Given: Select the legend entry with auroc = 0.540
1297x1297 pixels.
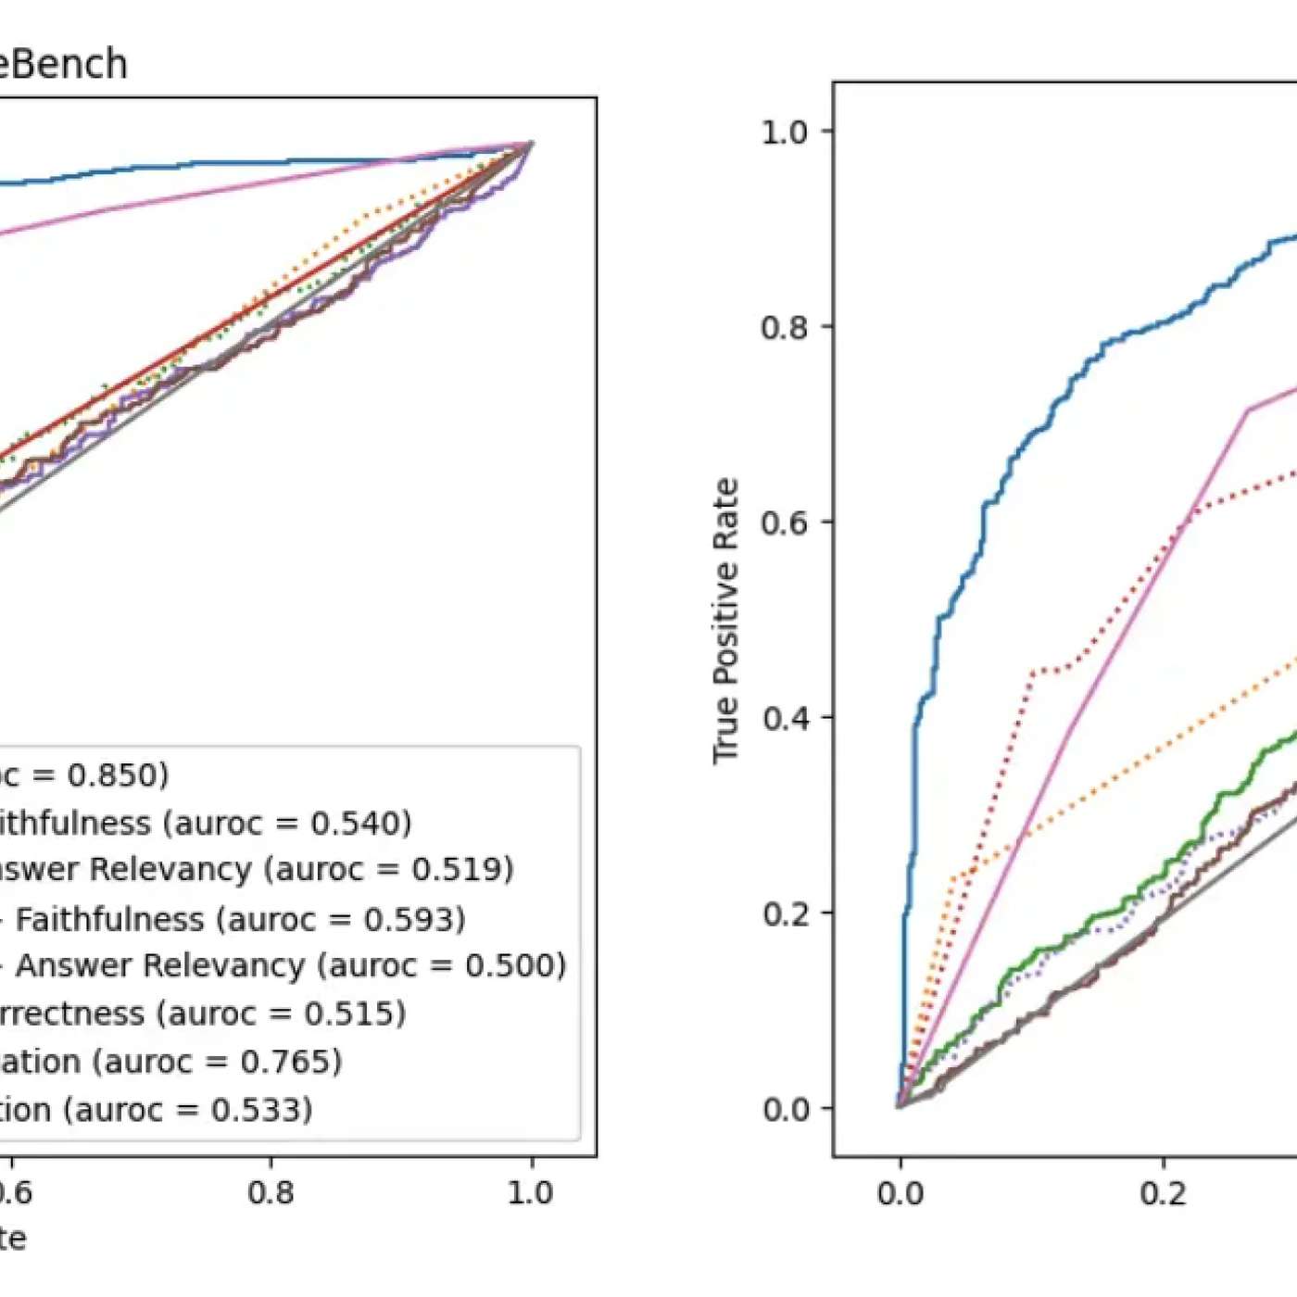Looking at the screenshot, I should pos(204,823).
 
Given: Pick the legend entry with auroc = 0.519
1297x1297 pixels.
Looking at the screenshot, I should pos(255,870).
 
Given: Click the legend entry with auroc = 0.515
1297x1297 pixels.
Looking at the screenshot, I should pos(202,1014).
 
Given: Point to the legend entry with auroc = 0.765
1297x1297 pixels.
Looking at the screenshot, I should pos(171,1062).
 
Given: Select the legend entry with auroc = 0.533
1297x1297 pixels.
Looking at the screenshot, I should pos(156,1110).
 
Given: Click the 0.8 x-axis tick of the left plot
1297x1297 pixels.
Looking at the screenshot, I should pos(271,1193).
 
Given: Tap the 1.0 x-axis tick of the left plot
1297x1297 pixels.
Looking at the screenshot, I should pos(531,1193).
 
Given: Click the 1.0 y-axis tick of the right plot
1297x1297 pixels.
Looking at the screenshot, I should pos(784,132).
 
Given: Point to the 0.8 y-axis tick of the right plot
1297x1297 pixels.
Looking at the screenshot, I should pos(784,327).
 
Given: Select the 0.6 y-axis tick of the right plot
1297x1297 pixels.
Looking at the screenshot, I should pos(784,523).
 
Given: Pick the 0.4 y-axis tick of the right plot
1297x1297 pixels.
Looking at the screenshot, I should pos(784,718).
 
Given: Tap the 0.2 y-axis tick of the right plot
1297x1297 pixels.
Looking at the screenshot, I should pos(784,913).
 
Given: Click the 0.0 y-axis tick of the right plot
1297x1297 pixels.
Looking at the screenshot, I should pos(784,1109).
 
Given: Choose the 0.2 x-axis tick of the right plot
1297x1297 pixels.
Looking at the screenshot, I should pos(1163,1193).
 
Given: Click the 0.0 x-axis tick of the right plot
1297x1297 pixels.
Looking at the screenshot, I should pos(900,1193).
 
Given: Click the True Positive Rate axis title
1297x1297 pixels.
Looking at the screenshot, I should pos(725,621).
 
